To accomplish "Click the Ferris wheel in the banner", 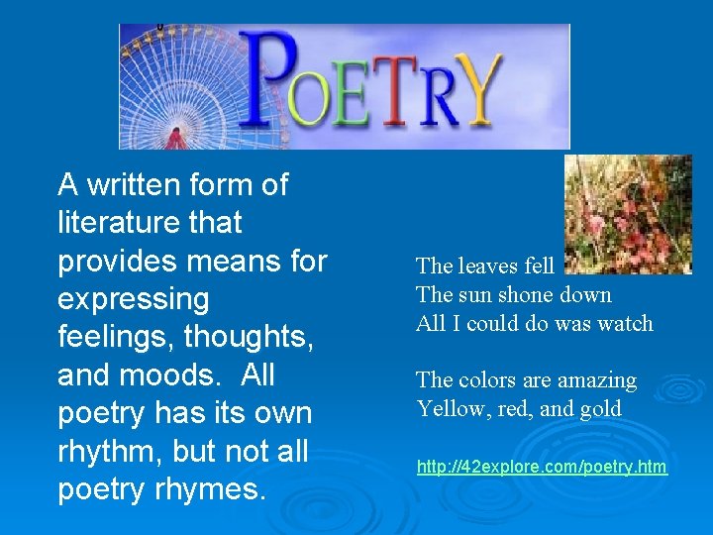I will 173,89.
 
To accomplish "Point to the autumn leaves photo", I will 628,214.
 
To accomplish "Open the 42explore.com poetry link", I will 542,467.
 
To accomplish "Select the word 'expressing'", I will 134,299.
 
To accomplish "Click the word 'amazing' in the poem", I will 598,380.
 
